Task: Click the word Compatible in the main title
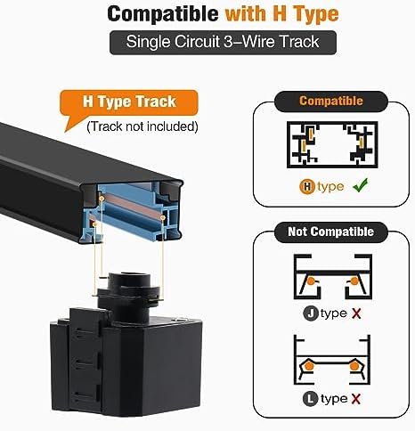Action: (163, 14)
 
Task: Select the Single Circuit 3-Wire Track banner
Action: (223, 43)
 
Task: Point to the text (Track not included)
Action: (142, 126)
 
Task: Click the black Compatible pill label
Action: (331, 102)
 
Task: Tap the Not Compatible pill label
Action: (331, 232)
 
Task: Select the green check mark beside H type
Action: (361, 185)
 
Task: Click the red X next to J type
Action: (356, 313)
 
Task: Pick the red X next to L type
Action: (356, 399)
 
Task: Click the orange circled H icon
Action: (307, 187)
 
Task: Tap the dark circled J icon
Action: (311, 313)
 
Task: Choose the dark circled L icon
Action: (311, 399)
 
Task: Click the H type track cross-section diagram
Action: (332, 144)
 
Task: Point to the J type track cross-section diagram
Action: (333, 277)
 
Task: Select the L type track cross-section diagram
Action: (332, 360)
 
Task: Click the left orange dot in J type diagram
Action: (311, 281)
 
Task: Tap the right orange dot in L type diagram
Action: (354, 366)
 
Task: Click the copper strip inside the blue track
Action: (133, 206)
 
